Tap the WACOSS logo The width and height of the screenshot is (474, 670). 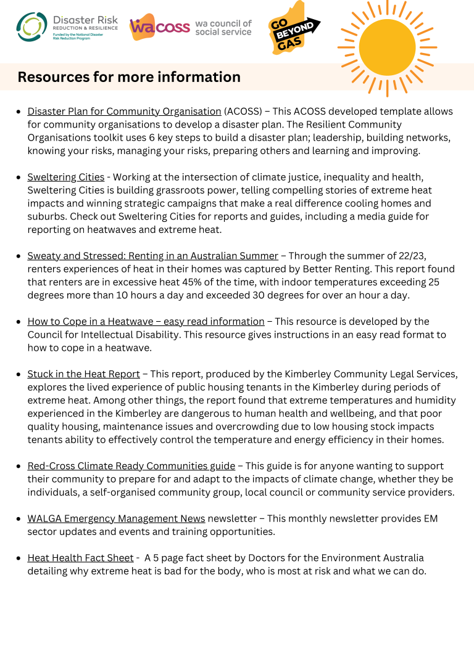(x=190, y=28)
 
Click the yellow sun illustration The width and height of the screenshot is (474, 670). (x=387, y=48)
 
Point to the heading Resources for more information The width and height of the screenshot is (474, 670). (x=129, y=77)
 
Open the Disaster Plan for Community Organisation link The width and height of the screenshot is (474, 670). (x=124, y=112)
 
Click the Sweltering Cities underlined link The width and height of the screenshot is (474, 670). (x=65, y=177)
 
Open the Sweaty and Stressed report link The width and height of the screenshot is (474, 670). (x=152, y=256)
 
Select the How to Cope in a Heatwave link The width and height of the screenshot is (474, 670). (x=146, y=321)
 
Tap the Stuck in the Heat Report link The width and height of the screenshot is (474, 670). (x=83, y=374)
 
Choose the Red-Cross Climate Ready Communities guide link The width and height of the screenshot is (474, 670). (x=131, y=466)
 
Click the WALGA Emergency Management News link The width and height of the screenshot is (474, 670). (x=116, y=518)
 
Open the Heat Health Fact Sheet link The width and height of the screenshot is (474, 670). (x=80, y=558)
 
